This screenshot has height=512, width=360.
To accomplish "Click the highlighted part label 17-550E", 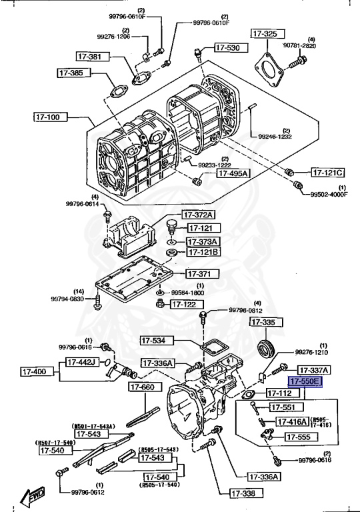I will click(x=305, y=381).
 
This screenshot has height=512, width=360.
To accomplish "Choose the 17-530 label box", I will click(x=228, y=48).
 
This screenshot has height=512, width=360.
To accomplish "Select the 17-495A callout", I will click(x=231, y=173).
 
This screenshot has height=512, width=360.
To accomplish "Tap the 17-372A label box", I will click(x=199, y=215).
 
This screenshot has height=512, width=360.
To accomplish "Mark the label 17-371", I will click(x=199, y=274).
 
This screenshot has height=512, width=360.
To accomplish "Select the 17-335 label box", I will click(x=263, y=323).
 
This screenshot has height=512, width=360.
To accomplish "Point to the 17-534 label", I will click(x=155, y=341).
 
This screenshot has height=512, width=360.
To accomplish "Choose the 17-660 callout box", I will click(x=142, y=387).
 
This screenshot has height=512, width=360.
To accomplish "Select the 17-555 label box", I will click(x=298, y=437).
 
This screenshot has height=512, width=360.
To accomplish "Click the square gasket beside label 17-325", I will click(x=269, y=67).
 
